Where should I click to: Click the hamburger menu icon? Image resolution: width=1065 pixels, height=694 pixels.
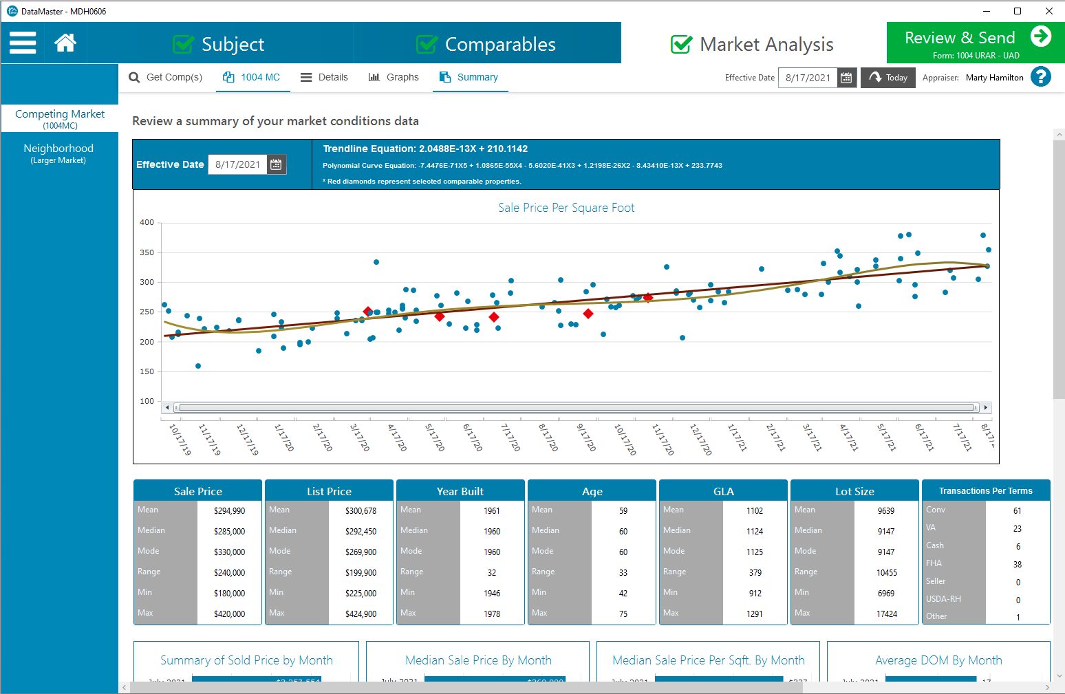tap(23, 43)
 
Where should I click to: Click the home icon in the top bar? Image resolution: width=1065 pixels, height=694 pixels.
tap(65, 43)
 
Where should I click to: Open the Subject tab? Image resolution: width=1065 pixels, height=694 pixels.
tap(219, 44)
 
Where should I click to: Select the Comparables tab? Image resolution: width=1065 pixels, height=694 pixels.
tap(486, 44)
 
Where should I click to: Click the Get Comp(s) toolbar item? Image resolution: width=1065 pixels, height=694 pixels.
tap(166, 77)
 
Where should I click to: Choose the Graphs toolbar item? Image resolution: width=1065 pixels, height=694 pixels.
tap(394, 77)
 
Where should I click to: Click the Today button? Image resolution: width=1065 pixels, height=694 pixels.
tap(887, 78)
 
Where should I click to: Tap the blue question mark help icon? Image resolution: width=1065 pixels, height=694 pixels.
tap(1041, 76)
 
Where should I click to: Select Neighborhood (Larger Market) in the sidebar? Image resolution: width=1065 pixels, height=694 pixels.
tap(58, 153)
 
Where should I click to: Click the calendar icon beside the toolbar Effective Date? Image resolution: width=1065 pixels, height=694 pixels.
tap(846, 78)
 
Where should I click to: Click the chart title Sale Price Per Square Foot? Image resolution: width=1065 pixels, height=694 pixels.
tap(566, 208)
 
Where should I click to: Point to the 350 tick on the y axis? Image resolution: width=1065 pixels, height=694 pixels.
tap(147, 252)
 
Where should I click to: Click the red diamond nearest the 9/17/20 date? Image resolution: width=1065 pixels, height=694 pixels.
tap(588, 314)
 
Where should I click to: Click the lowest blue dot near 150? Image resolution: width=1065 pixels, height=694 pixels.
tap(198, 366)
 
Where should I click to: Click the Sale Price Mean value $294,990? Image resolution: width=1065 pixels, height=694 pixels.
tap(229, 511)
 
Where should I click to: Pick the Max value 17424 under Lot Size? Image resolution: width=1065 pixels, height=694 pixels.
tap(886, 614)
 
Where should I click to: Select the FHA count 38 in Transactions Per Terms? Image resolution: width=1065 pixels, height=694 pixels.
tap(1018, 565)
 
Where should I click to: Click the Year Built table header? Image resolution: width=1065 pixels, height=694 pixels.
tap(460, 491)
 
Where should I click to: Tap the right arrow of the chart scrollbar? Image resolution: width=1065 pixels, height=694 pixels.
tap(986, 407)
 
